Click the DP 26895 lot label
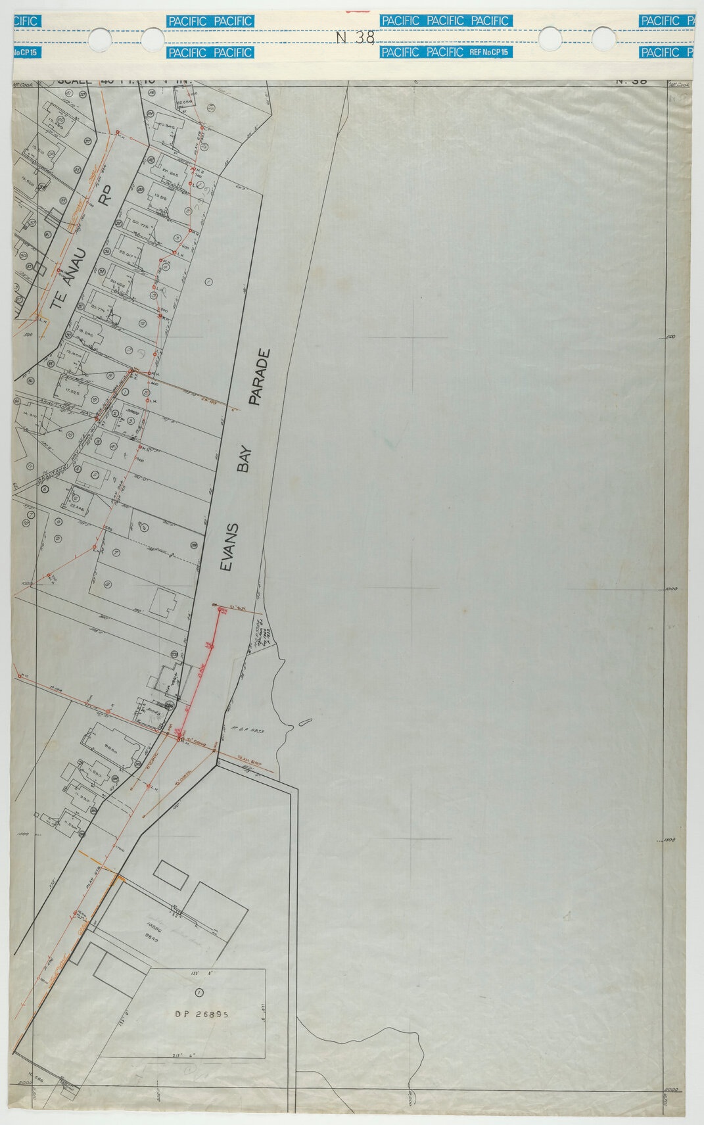tap(202, 1014)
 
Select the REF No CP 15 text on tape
tap(490, 52)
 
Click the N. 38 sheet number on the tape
tap(355, 37)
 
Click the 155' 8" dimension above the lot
tap(199, 972)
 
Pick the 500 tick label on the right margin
tap(670, 337)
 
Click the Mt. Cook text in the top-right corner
tap(678, 84)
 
